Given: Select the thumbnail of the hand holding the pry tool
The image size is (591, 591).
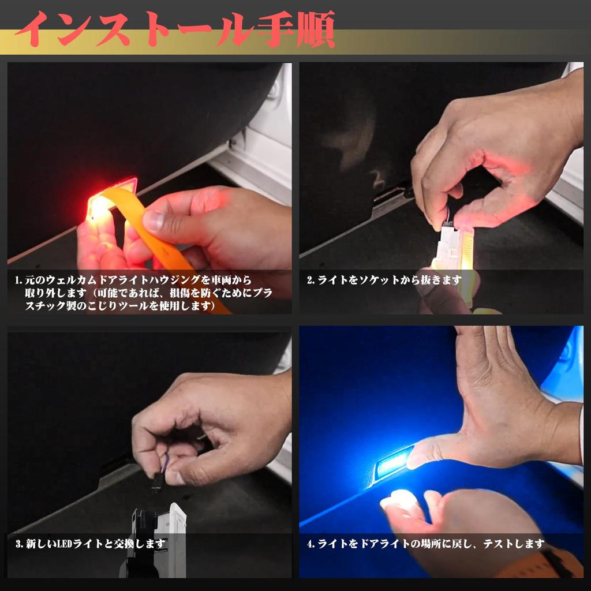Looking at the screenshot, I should point(149,188).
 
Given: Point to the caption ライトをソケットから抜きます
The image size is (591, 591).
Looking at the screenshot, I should point(384,280).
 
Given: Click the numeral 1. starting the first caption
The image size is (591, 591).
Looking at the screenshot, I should point(19,280).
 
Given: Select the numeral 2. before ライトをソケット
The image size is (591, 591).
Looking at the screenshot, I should point(311,280).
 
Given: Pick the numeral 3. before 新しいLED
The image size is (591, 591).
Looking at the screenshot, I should point(18,544).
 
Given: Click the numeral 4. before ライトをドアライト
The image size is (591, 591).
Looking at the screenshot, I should point(311,544).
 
